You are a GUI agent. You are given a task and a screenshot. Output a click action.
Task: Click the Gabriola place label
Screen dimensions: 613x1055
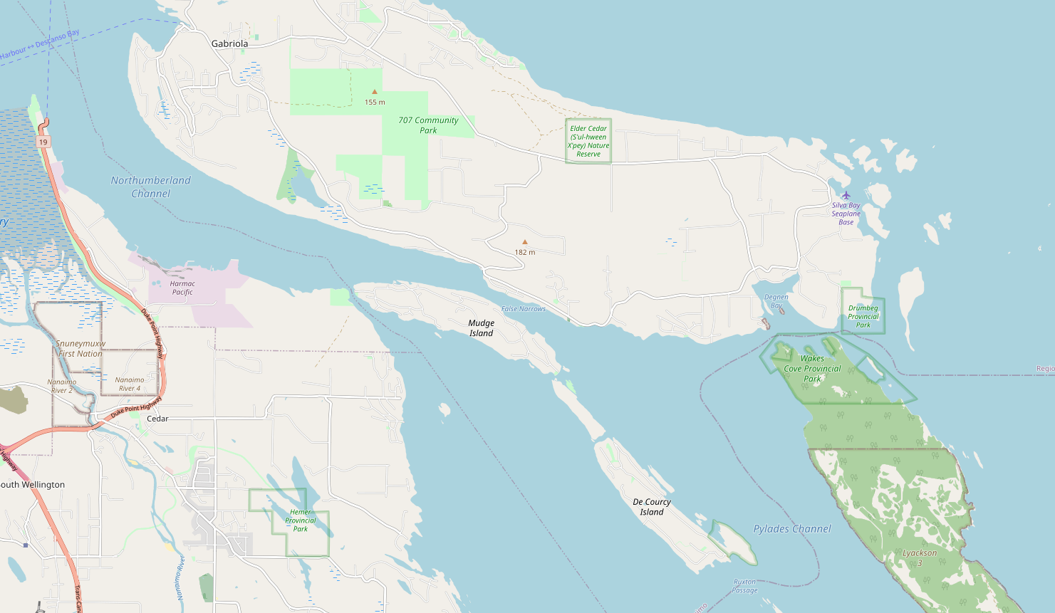click(229, 43)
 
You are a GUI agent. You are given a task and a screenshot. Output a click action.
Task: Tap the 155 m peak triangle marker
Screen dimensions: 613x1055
click(375, 92)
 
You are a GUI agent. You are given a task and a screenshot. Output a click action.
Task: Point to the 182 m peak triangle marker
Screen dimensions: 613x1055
click(525, 242)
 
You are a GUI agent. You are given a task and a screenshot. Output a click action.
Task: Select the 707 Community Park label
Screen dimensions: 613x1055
click(428, 125)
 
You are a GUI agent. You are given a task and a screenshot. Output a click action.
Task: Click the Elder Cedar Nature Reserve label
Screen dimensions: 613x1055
click(588, 141)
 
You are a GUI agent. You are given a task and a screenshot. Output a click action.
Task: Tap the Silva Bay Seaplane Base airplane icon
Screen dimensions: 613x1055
click(846, 195)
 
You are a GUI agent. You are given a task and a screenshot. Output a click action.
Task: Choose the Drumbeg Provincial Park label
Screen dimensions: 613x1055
click(863, 317)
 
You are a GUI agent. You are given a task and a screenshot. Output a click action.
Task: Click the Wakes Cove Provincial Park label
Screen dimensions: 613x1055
click(812, 369)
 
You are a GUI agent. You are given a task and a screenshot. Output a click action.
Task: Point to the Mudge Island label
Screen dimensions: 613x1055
click(481, 328)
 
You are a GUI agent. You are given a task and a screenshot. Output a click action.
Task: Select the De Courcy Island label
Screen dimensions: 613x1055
click(652, 507)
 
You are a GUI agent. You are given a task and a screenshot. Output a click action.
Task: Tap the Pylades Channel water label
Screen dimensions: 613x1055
click(792, 529)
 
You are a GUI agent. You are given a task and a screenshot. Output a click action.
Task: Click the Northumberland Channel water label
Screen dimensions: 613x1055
click(151, 187)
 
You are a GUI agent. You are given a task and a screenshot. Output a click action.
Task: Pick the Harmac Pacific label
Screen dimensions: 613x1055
click(182, 288)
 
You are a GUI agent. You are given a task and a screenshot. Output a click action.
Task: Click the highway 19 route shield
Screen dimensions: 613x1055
click(43, 142)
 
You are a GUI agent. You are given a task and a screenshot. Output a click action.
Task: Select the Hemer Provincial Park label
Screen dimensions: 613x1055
click(301, 520)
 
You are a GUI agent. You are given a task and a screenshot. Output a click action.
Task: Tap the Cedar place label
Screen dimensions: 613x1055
click(157, 419)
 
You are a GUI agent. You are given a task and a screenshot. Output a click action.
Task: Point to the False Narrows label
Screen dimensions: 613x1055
click(524, 309)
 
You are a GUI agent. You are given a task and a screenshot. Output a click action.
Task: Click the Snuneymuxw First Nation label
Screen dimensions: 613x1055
click(80, 349)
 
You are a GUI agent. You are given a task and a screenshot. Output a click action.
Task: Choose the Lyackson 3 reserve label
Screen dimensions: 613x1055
click(920, 557)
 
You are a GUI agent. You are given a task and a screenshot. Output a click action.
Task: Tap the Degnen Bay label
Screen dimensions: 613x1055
click(776, 301)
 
